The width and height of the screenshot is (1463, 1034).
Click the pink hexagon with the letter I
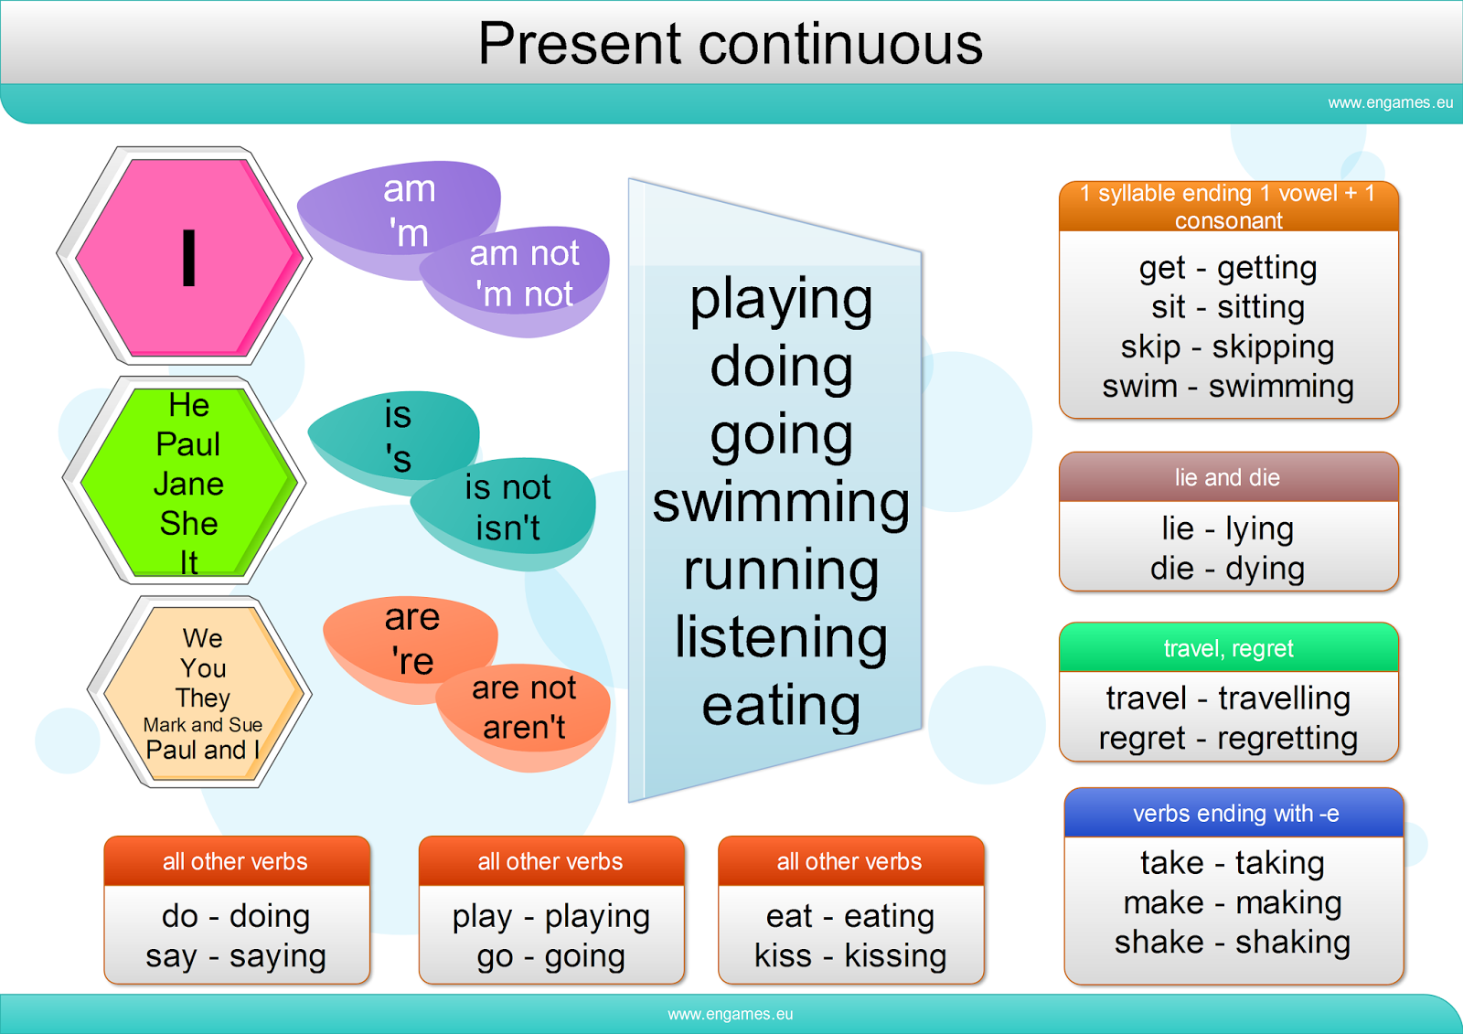pos(188,257)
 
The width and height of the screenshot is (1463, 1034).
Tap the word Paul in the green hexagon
pos(188,444)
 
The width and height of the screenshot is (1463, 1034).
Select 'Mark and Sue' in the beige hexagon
pos(203,725)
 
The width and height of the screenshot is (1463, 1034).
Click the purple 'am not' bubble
pos(524,273)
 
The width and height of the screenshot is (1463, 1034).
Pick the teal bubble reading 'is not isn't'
pos(507,508)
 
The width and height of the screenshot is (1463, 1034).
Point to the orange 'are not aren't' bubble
pos(524,709)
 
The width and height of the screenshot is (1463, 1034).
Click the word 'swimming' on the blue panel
pos(781,503)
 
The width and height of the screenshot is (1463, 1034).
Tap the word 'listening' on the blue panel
pos(781,637)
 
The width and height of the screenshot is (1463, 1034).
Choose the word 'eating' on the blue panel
pos(781,706)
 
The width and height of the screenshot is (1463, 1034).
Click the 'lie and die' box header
pos(1227,477)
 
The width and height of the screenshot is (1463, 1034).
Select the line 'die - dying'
pos(1227,569)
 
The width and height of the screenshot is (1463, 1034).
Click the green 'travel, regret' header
pos(1228,648)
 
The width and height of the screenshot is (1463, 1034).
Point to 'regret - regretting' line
pos(1228,738)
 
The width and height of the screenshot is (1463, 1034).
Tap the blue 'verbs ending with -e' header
pos(1235,814)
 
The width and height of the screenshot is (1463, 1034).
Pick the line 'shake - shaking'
pos(1232,942)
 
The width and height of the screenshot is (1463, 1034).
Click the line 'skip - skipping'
pos(1227,347)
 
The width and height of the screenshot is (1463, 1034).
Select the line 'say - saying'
pos(236,956)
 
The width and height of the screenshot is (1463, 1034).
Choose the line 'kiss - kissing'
pos(850,956)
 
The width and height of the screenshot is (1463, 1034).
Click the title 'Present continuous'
pos(730,44)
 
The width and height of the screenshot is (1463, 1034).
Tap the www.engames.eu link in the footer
pos(730,1014)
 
